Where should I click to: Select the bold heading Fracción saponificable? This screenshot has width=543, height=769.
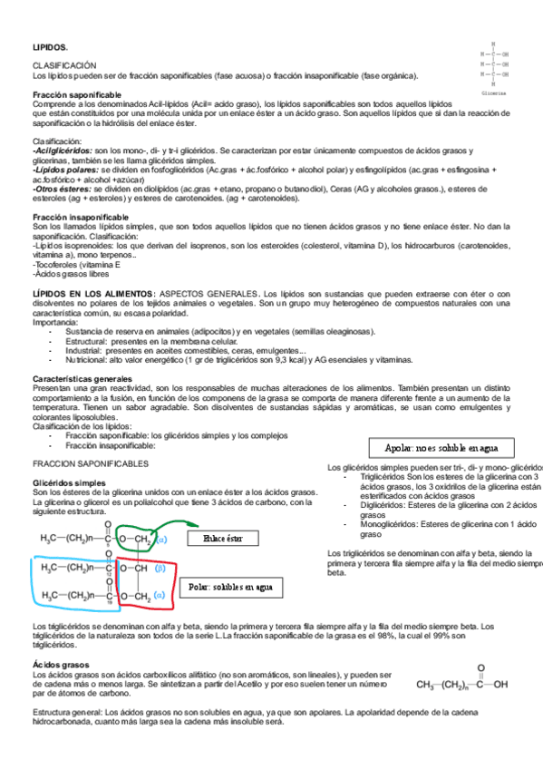click(77, 95)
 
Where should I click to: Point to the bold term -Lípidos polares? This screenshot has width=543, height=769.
click(65, 170)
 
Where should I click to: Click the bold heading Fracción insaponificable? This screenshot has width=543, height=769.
click(80, 219)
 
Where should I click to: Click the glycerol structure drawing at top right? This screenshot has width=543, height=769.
click(494, 64)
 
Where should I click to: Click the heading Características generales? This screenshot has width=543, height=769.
click(82, 378)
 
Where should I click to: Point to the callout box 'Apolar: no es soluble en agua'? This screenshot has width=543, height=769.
click(441, 448)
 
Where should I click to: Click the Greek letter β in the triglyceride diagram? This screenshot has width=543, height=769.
click(160, 569)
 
